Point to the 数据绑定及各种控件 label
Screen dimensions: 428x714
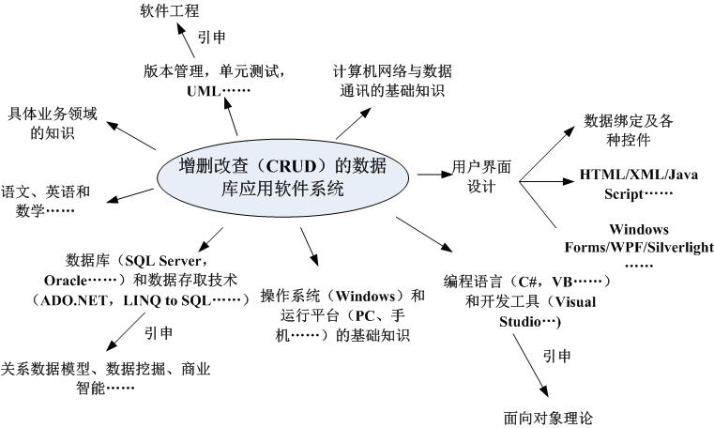(x=616, y=130)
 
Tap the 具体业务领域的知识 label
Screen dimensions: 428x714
(x=49, y=123)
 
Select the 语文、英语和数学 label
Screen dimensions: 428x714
(x=44, y=200)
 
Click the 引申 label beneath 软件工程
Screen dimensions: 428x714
(x=211, y=38)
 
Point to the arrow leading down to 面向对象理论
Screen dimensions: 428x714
(x=530, y=372)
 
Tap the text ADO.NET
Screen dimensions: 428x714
(x=67, y=299)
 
